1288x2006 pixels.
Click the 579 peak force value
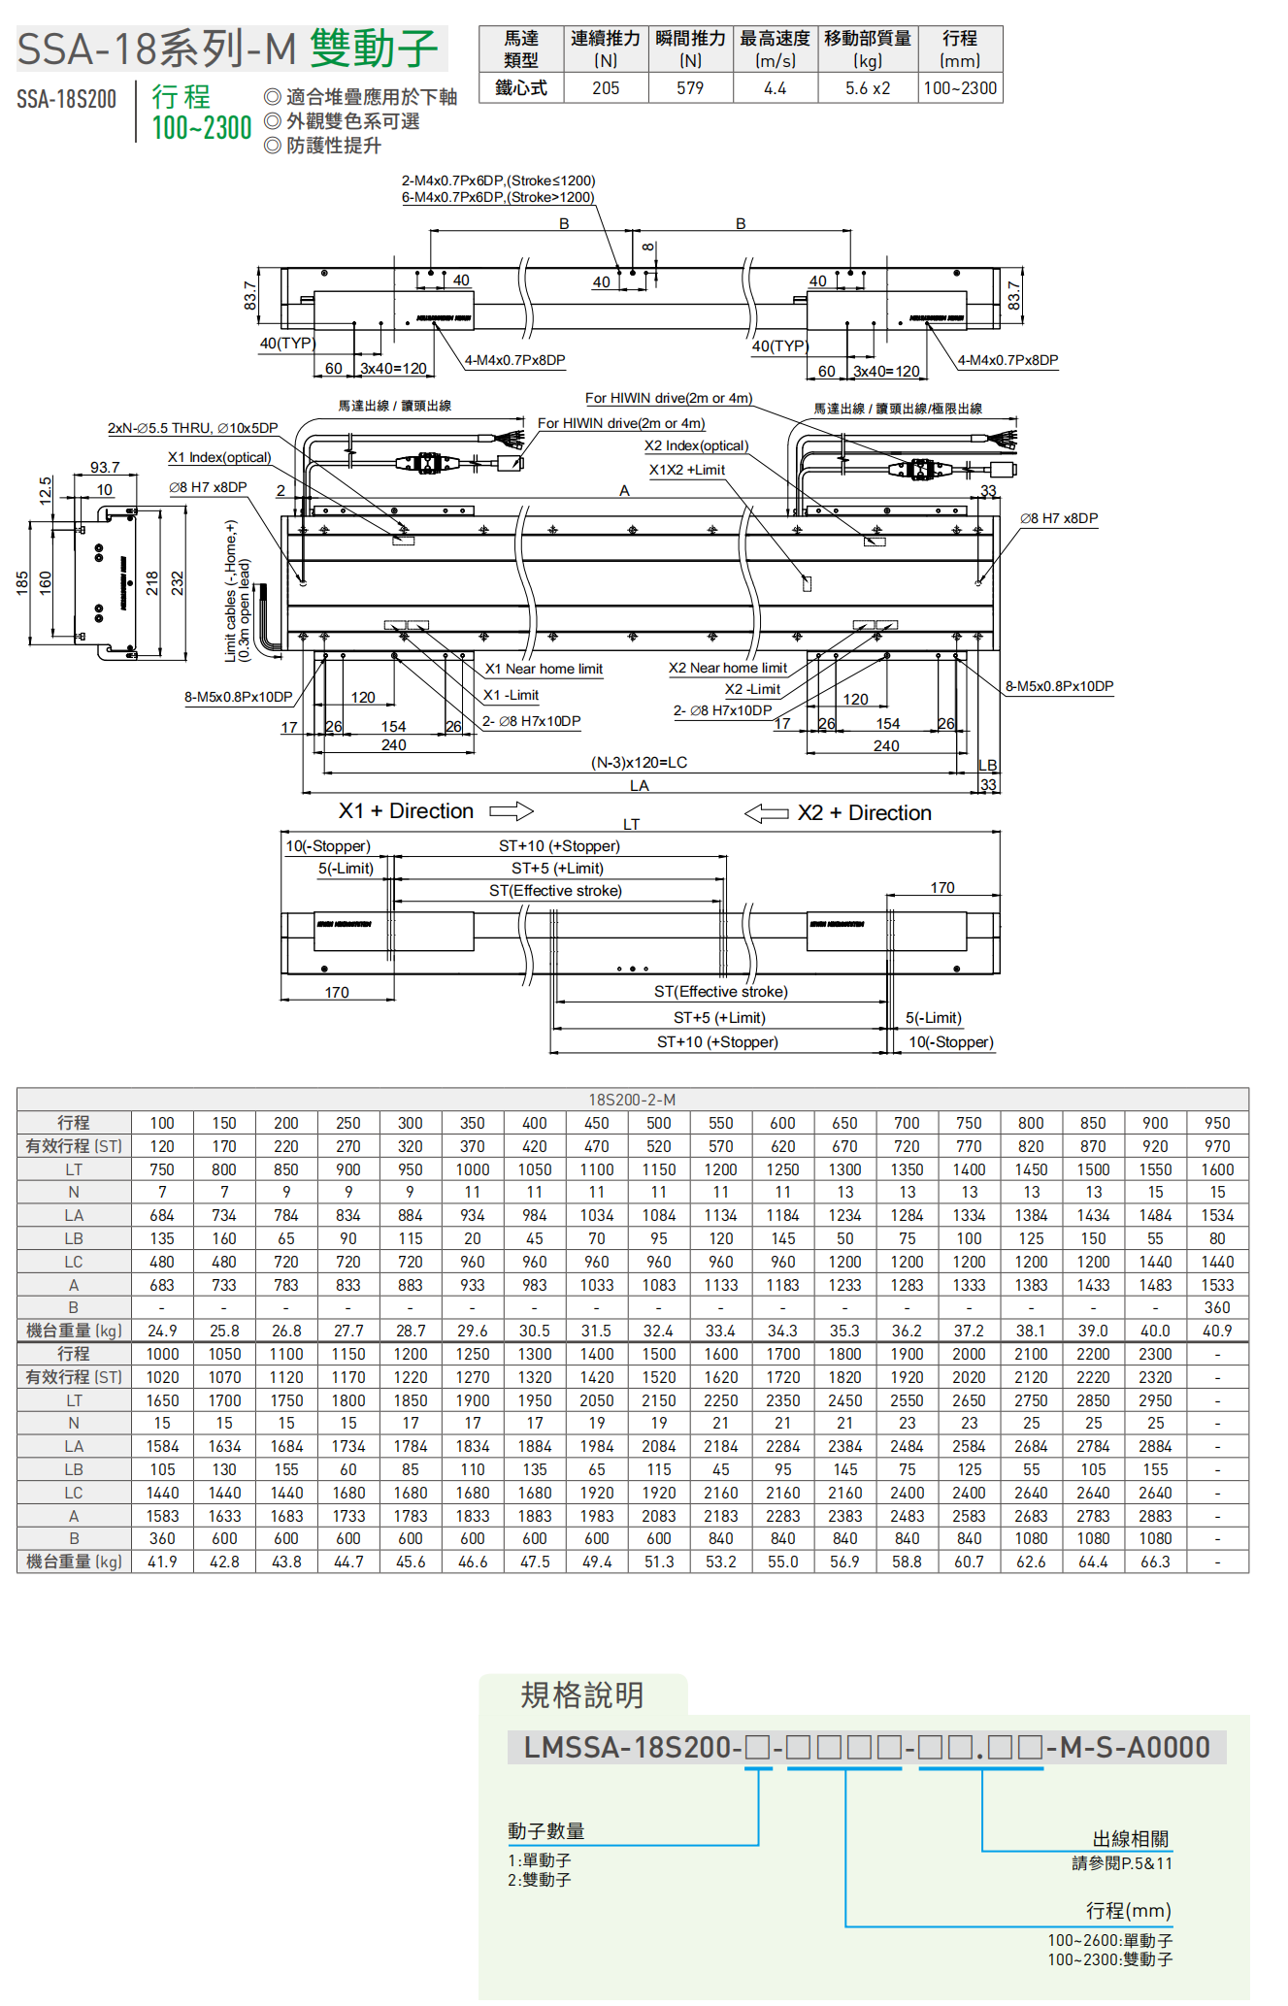tap(690, 88)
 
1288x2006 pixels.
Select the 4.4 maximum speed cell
tap(775, 88)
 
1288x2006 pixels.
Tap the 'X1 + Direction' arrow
tap(512, 810)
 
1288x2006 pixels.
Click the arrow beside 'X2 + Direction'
tap(766, 813)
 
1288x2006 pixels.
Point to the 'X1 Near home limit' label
tap(544, 669)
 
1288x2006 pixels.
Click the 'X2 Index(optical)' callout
tap(696, 445)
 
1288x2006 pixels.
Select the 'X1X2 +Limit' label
tap(686, 470)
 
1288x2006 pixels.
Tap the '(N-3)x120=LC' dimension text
tap(639, 763)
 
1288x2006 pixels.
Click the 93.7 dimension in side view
tap(105, 468)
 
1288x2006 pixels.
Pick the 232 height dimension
tap(177, 582)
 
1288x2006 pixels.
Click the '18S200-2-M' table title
tap(632, 1100)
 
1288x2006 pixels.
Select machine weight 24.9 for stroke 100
tap(162, 1331)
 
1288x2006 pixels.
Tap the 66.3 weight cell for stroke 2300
tap(1155, 1562)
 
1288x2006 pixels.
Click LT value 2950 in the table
tap(1155, 1400)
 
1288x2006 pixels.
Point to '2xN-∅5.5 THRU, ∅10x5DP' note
tap(192, 428)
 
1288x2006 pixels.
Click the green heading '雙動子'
tap(375, 49)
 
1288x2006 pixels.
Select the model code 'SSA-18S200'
tap(66, 99)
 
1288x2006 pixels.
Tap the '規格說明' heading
tap(582, 1695)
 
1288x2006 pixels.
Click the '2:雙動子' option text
tap(540, 1880)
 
